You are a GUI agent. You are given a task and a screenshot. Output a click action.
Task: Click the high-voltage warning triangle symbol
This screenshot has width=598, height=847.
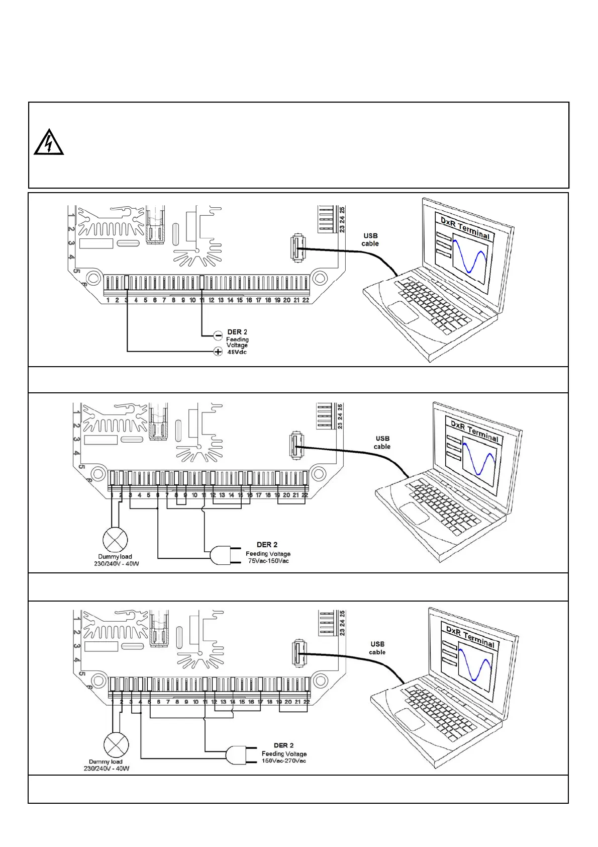click(49, 142)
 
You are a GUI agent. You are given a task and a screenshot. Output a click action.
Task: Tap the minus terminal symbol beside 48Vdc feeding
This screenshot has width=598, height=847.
click(218, 335)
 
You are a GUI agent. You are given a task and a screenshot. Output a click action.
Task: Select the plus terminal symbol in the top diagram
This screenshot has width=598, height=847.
click(218, 352)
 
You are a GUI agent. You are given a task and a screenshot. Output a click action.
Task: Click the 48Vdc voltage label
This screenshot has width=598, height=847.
click(237, 352)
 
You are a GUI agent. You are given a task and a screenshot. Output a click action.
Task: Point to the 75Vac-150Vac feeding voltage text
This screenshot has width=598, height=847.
click(268, 561)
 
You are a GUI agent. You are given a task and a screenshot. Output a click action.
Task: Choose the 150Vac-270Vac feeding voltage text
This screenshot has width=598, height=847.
click(284, 760)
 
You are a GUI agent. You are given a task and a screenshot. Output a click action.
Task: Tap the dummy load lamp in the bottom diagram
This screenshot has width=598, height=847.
click(116, 745)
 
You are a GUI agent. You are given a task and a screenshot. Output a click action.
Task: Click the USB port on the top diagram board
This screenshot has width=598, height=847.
click(298, 246)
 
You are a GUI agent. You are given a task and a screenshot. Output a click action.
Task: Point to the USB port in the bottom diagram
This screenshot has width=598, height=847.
click(299, 654)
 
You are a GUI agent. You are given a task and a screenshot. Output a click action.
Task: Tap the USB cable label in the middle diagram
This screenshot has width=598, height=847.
click(382, 443)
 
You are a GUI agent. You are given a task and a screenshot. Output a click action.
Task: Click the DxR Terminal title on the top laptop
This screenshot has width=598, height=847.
click(465, 228)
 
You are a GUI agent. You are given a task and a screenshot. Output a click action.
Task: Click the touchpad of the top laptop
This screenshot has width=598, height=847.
click(403, 312)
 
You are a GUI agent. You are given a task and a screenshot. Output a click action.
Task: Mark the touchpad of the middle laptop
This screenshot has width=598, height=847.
click(414, 513)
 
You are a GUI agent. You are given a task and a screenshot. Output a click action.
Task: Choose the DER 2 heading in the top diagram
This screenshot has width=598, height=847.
click(237, 332)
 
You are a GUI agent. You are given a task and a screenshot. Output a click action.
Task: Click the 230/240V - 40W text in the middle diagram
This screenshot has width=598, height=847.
click(116, 563)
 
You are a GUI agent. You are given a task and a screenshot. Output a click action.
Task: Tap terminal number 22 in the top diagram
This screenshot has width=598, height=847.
click(306, 300)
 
